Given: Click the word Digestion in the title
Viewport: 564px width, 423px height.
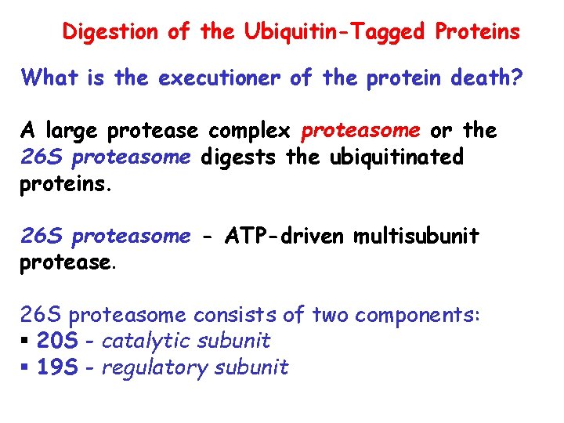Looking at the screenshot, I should click(x=112, y=32).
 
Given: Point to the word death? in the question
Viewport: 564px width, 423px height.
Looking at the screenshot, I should click(x=490, y=78).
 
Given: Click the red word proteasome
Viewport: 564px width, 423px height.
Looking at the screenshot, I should click(x=361, y=130).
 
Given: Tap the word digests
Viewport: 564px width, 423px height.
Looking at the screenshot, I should click(x=240, y=157).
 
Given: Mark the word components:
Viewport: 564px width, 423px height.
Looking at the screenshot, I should click(x=422, y=315).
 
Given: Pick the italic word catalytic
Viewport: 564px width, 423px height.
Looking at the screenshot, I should click(x=146, y=341).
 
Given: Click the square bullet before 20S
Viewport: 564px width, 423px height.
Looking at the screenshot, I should click(x=25, y=342).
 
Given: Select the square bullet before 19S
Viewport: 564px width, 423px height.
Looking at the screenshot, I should click(x=25, y=368).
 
